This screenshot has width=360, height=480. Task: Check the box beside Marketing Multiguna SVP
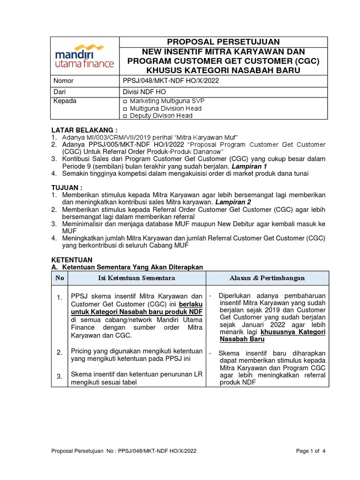click(125, 101)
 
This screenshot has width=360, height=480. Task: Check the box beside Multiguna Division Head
click(125, 109)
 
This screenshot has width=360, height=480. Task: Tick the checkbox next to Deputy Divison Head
click(125, 116)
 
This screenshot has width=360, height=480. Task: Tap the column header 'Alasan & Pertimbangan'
click(267, 278)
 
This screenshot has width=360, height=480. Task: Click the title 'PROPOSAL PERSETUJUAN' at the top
click(223, 42)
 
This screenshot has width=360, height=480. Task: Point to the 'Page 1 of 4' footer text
click(311, 451)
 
